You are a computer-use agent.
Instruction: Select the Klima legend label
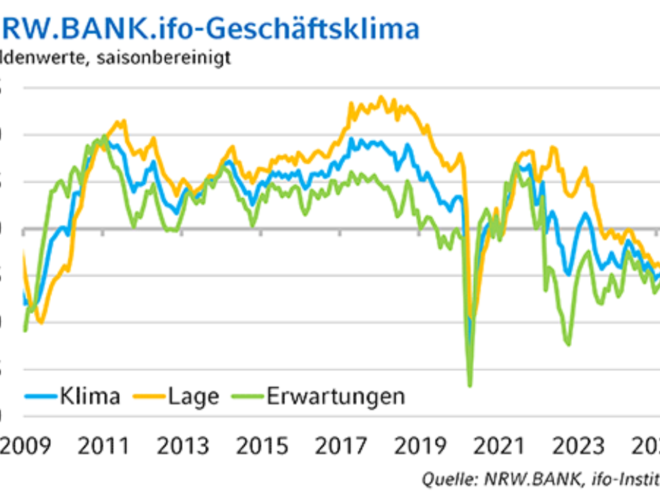click(x=90, y=396)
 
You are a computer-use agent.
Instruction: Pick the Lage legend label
click(x=193, y=396)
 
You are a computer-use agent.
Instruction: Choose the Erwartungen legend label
click(x=336, y=396)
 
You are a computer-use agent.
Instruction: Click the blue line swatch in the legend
click(x=41, y=396)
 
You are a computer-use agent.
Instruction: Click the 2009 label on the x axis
click(x=26, y=446)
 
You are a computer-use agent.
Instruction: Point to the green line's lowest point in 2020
click(x=470, y=386)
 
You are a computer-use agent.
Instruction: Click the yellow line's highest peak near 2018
click(x=381, y=97)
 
